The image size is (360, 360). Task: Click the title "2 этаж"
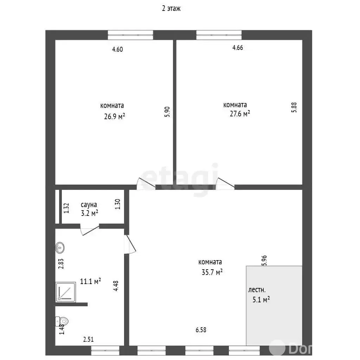coord(171,8)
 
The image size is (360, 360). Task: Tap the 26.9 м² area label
coord(115,116)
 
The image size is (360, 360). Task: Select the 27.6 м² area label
coord(240,114)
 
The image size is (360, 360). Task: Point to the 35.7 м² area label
coord(212,272)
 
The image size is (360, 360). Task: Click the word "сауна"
coord(89,205)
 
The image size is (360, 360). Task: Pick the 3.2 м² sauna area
coord(90,213)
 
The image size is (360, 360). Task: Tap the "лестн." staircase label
coord(257,290)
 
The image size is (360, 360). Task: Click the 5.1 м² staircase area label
coord(261,300)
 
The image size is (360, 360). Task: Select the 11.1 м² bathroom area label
coord(90,281)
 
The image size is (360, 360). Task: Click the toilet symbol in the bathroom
coord(62,321)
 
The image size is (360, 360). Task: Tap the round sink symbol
coord(60,248)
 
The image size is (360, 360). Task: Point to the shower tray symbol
coord(66,292)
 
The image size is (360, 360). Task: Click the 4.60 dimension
coord(117,49)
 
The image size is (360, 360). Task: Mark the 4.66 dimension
coord(238,47)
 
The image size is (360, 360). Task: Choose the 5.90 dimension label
coord(167,112)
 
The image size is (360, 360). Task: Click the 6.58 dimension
coord(201,330)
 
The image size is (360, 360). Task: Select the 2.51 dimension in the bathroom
coord(88,339)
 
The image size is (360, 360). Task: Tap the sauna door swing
coord(90,230)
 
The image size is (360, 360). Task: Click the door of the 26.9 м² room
coord(146,184)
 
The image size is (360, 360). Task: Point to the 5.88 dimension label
coord(294,107)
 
